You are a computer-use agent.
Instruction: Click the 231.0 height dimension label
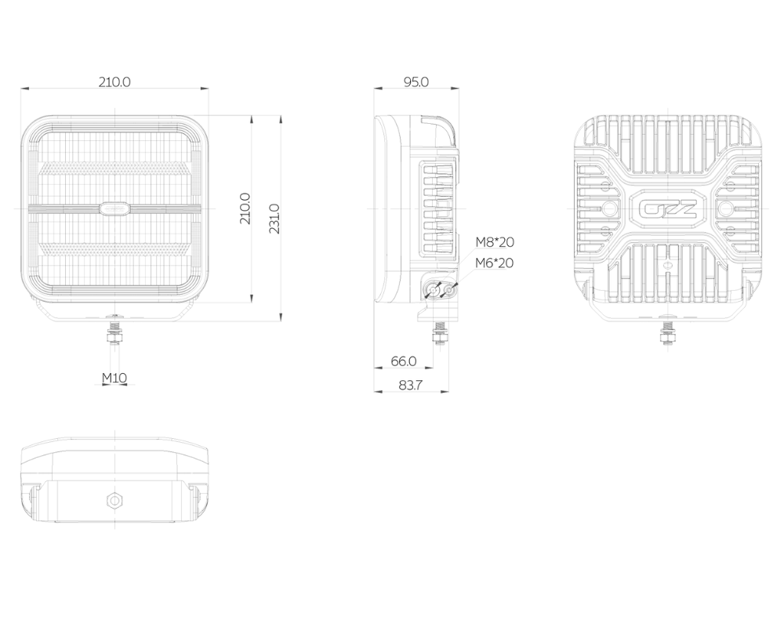click(274, 219)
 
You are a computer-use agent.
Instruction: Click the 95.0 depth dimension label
click(416, 82)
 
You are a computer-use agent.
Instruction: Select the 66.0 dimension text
click(404, 361)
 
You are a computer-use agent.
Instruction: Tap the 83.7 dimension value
click(410, 385)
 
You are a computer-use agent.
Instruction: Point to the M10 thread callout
click(114, 378)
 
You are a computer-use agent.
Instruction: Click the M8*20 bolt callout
click(495, 242)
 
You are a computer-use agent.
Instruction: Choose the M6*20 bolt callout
click(495, 263)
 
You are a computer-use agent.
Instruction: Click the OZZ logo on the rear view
click(668, 208)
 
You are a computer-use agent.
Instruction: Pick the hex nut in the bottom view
click(115, 500)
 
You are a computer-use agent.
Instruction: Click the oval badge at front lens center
click(114, 207)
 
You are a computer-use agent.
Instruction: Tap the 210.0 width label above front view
click(114, 82)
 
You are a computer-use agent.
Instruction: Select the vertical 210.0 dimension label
click(245, 208)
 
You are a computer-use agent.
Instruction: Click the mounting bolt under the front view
click(115, 330)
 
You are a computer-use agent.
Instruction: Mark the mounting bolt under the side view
click(440, 334)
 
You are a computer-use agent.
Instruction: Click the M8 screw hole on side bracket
click(433, 291)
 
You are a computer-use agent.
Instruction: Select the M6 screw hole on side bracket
click(450, 291)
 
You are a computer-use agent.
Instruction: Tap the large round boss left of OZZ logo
click(608, 208)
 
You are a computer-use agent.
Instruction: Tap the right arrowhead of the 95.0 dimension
click(456, 89)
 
